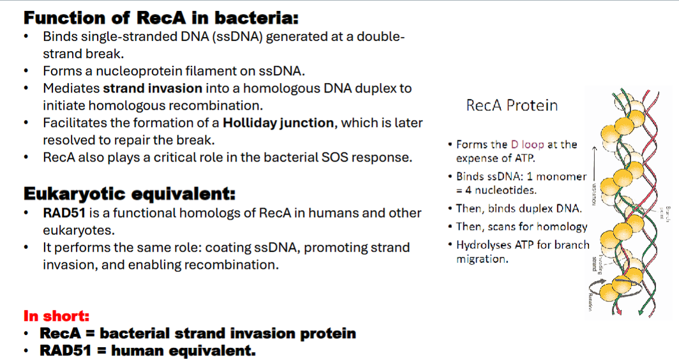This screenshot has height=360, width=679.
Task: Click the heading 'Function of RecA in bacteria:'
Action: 161,17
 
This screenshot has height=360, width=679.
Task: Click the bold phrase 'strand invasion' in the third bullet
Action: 153,88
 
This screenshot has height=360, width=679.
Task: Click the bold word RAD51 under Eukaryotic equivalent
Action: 63,213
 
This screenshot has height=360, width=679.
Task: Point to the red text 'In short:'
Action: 56,315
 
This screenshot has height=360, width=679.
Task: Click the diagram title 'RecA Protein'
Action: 512,105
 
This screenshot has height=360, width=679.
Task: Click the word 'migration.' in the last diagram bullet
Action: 482,259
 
